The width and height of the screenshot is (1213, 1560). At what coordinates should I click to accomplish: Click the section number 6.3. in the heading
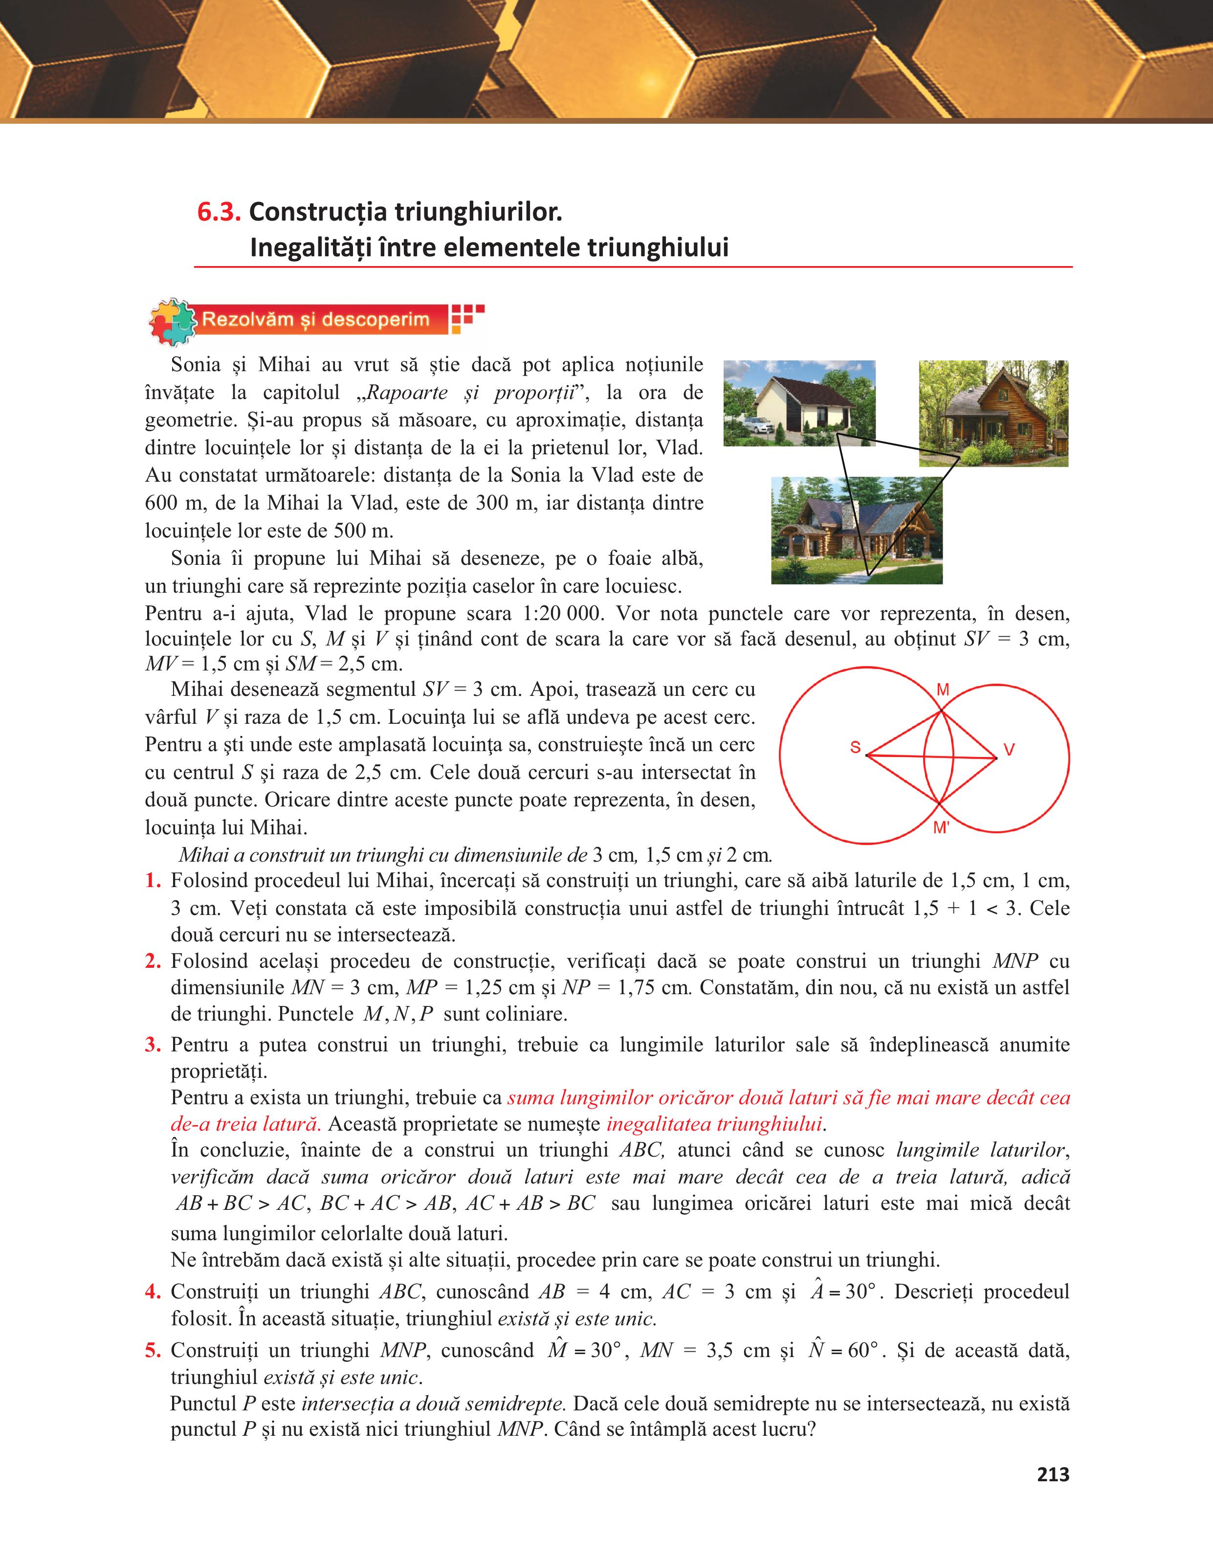tap(219, 212)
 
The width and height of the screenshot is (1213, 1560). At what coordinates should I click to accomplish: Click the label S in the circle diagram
tap(855, 747)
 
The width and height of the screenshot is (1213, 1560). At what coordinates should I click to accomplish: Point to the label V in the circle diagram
tap(1009, 749)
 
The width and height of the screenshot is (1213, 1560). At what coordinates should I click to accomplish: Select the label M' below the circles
tap(942, 828)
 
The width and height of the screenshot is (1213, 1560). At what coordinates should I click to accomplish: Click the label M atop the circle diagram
tap(943, 690)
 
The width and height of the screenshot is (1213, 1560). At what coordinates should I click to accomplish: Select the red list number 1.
tap(153, 881)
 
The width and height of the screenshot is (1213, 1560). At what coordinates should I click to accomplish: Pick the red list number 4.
tap(153, 1292)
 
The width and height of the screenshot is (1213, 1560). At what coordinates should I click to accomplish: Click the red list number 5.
tap(153, 1350)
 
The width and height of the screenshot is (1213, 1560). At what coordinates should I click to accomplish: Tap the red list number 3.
tap(153, 1045)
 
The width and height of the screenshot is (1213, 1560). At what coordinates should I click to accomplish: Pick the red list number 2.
tap(153, 961)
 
